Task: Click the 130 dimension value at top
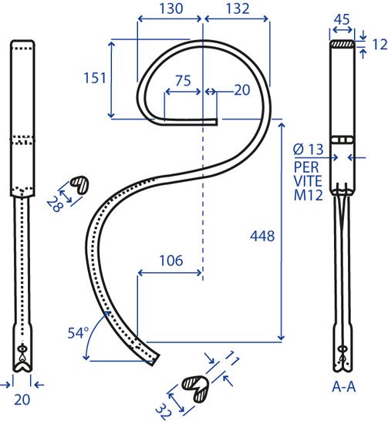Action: pyautogui.click(x=171, y=8)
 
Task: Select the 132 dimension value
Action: pyautogui.click(x=238, y=8)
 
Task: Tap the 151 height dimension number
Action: pyautogui.click(x=95, y=78)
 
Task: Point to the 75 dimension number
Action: pyautogui.click(x=183, y=81)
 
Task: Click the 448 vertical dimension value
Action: pyautogui.click(x=262, y=236)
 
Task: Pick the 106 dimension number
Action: pyautogui.click(x=171, y=261)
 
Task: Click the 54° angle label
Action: pyautogui.click(x=78, y=332)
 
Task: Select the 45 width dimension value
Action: pyautogui.click(x=342, y=19)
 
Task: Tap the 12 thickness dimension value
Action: pyautogui.click(x=380, y=45)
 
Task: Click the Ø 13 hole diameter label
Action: pyautogui.click(x=309, y=149)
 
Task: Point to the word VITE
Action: pyautogui.click(x=308, y=181)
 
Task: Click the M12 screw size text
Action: pyautogui.click(x=309, y=195)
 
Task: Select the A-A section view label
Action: pyautogui.click(x=343, y=387)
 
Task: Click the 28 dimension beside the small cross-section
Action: pyautogui.click(x=56, y=204)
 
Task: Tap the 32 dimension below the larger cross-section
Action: pyautogui.click(x=164, y=412)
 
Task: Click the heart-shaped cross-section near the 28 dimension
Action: pyautogui.click(x=79, y=184)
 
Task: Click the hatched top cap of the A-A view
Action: pyautogui.click(x=342, y=44)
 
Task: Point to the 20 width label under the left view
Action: pyautogui.click(x=22, y=399)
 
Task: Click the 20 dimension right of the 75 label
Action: pyautogui.click(x=242, y=90)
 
